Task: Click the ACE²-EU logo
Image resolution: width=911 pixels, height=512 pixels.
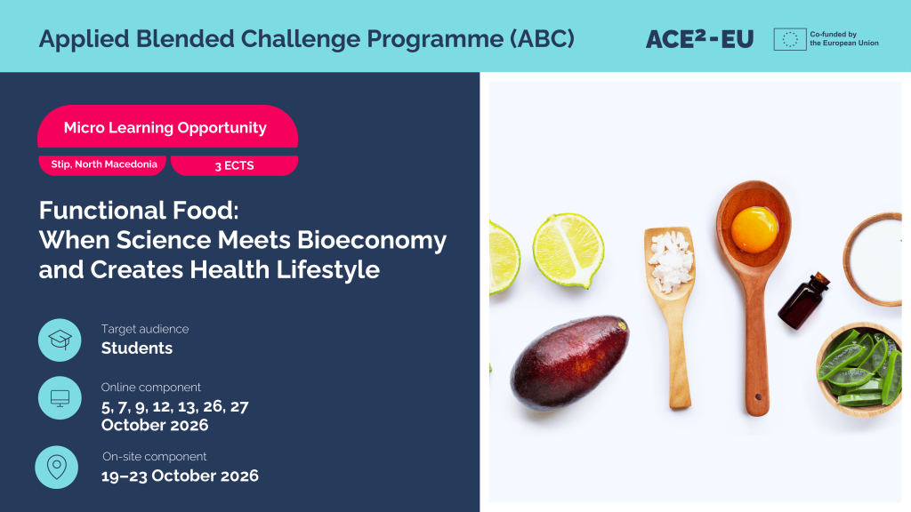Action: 699,39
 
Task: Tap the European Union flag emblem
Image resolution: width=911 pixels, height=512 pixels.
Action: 790,39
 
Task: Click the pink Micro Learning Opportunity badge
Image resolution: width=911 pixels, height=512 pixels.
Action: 167,127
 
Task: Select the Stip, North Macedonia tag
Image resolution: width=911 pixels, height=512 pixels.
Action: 102,164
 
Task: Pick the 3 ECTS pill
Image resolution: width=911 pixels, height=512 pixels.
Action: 234,165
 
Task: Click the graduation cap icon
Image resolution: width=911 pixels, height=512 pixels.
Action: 60,340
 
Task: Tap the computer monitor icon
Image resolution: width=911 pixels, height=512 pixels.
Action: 60,397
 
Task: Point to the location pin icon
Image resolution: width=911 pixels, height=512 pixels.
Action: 56,468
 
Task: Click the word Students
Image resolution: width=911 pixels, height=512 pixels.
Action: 136,348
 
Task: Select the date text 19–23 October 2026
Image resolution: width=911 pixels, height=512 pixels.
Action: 180,476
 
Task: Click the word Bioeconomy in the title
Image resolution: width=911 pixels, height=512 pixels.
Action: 372,240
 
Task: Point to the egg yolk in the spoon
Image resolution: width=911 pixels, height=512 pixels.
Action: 754,229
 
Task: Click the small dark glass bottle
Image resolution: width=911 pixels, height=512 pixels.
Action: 804,301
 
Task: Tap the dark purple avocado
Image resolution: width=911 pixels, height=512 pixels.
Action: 569,363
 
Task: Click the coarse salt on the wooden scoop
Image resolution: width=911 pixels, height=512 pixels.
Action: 671,262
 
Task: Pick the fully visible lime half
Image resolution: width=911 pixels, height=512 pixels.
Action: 568,250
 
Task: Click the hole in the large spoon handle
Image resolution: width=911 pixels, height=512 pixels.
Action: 758,397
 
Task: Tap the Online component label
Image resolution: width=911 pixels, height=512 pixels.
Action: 150,388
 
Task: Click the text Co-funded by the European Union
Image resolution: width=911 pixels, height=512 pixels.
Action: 844,39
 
